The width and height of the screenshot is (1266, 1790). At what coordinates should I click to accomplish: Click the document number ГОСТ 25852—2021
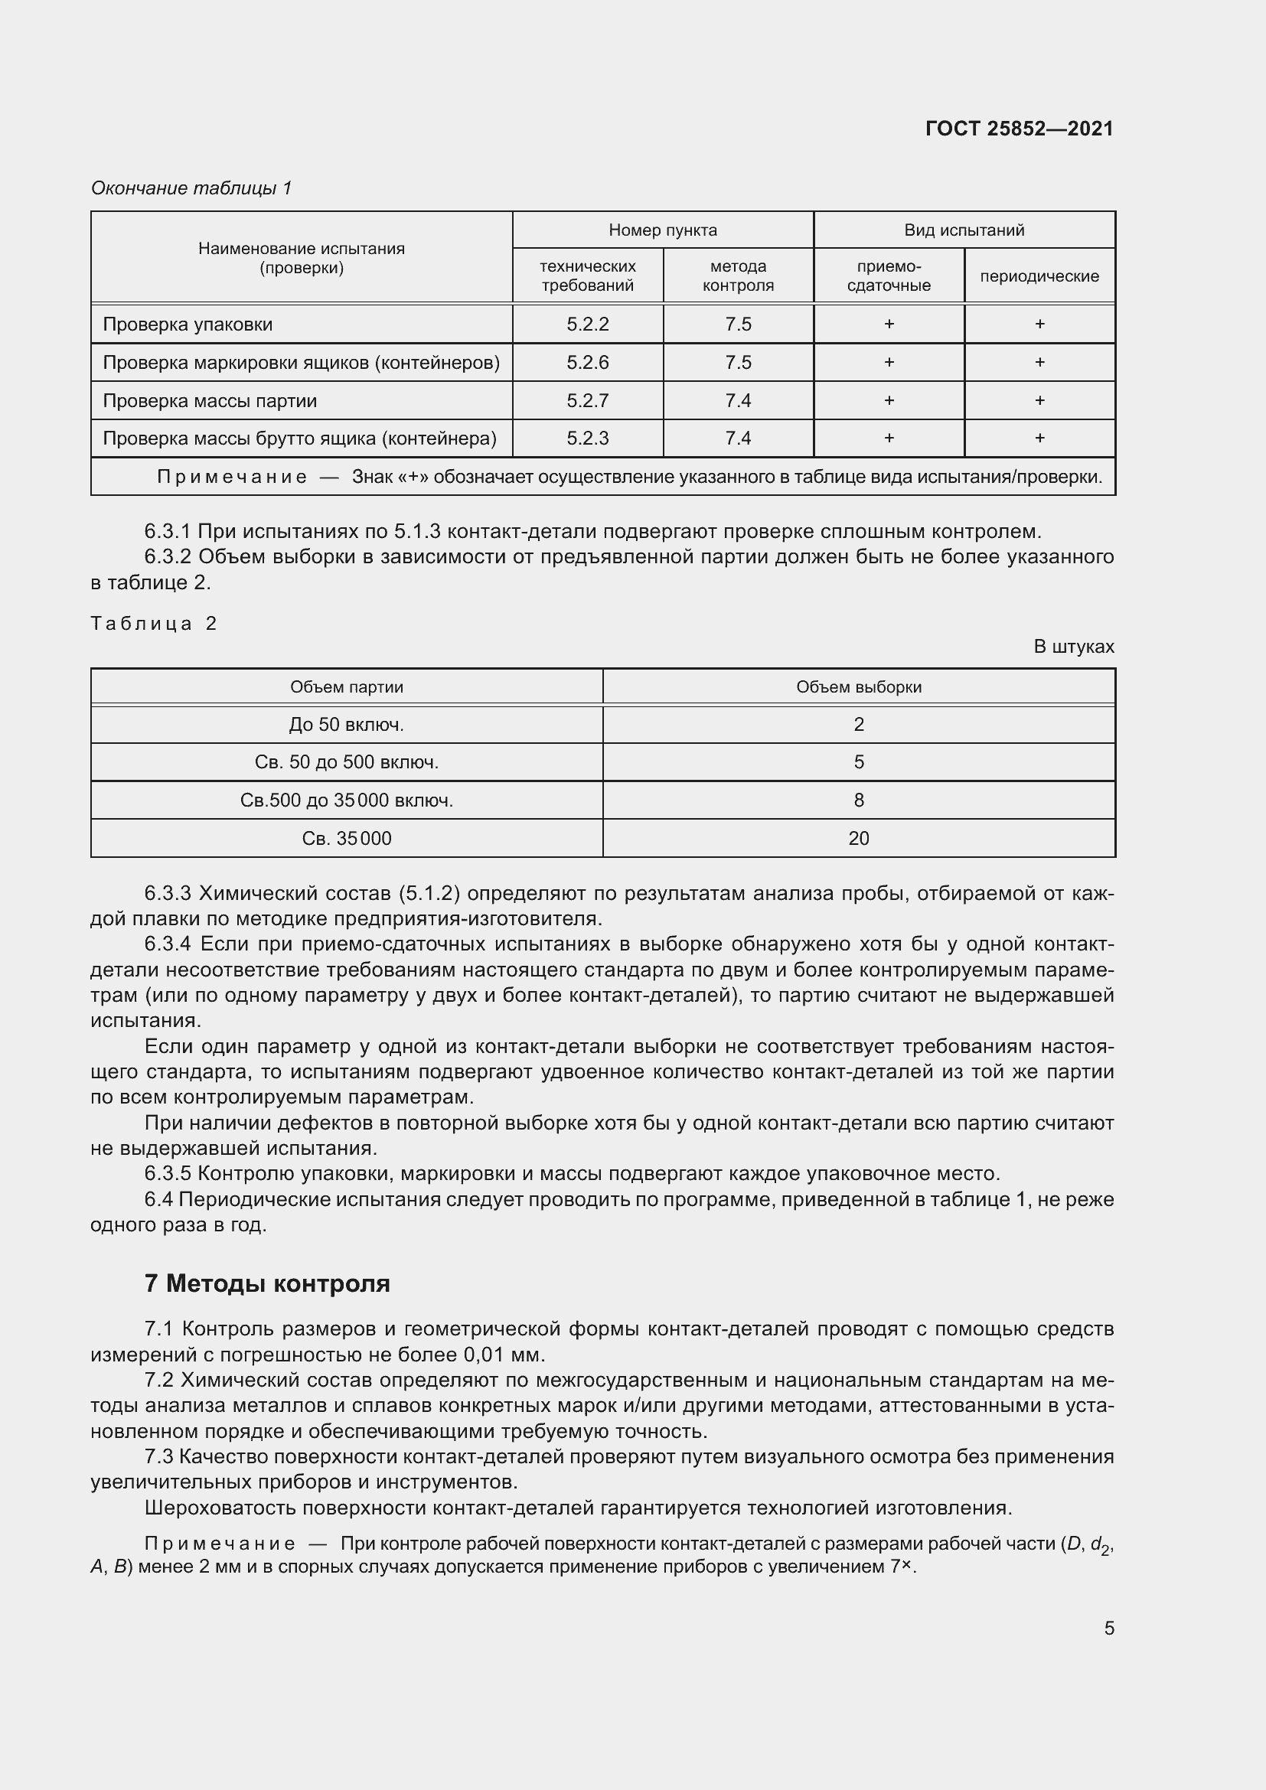click(1019, 129)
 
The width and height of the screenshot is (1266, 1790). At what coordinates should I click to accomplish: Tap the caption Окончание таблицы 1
click(191, 188)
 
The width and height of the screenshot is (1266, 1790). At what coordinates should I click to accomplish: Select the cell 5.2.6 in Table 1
click(587, 363)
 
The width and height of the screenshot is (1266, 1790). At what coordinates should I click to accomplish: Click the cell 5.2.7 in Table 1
click(587, 401)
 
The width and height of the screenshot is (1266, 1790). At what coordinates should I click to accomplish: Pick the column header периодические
click(1039, 276)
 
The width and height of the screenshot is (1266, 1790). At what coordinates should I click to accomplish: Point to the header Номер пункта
click(663, 230)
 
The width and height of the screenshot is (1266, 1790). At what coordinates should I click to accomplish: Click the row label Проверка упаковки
click(188, 324)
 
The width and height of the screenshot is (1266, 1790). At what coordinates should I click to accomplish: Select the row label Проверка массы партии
click(210, 401)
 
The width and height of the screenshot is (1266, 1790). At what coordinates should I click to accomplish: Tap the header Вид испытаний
click(964, 230)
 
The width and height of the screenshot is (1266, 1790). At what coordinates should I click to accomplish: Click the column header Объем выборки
click(858, 686)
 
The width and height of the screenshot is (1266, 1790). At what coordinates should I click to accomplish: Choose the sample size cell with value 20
click(858, 838)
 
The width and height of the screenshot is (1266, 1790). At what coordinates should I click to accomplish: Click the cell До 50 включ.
click(346, 724)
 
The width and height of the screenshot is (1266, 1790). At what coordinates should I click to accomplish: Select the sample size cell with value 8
click(858, 800)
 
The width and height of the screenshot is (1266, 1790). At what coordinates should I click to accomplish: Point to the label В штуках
click(1073, 647)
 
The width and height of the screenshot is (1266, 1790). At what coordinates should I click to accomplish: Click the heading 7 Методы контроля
click(266, 1283)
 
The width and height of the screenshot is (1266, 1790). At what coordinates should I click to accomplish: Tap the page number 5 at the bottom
click(1108, 1628)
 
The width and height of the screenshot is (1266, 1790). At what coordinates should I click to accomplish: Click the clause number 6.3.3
click(168, 893)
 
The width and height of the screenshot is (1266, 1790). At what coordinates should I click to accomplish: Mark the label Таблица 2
click(154, 623)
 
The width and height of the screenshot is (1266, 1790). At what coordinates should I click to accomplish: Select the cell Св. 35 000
click(346, 838)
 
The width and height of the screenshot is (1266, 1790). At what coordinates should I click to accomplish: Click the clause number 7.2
click(158, 1380)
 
